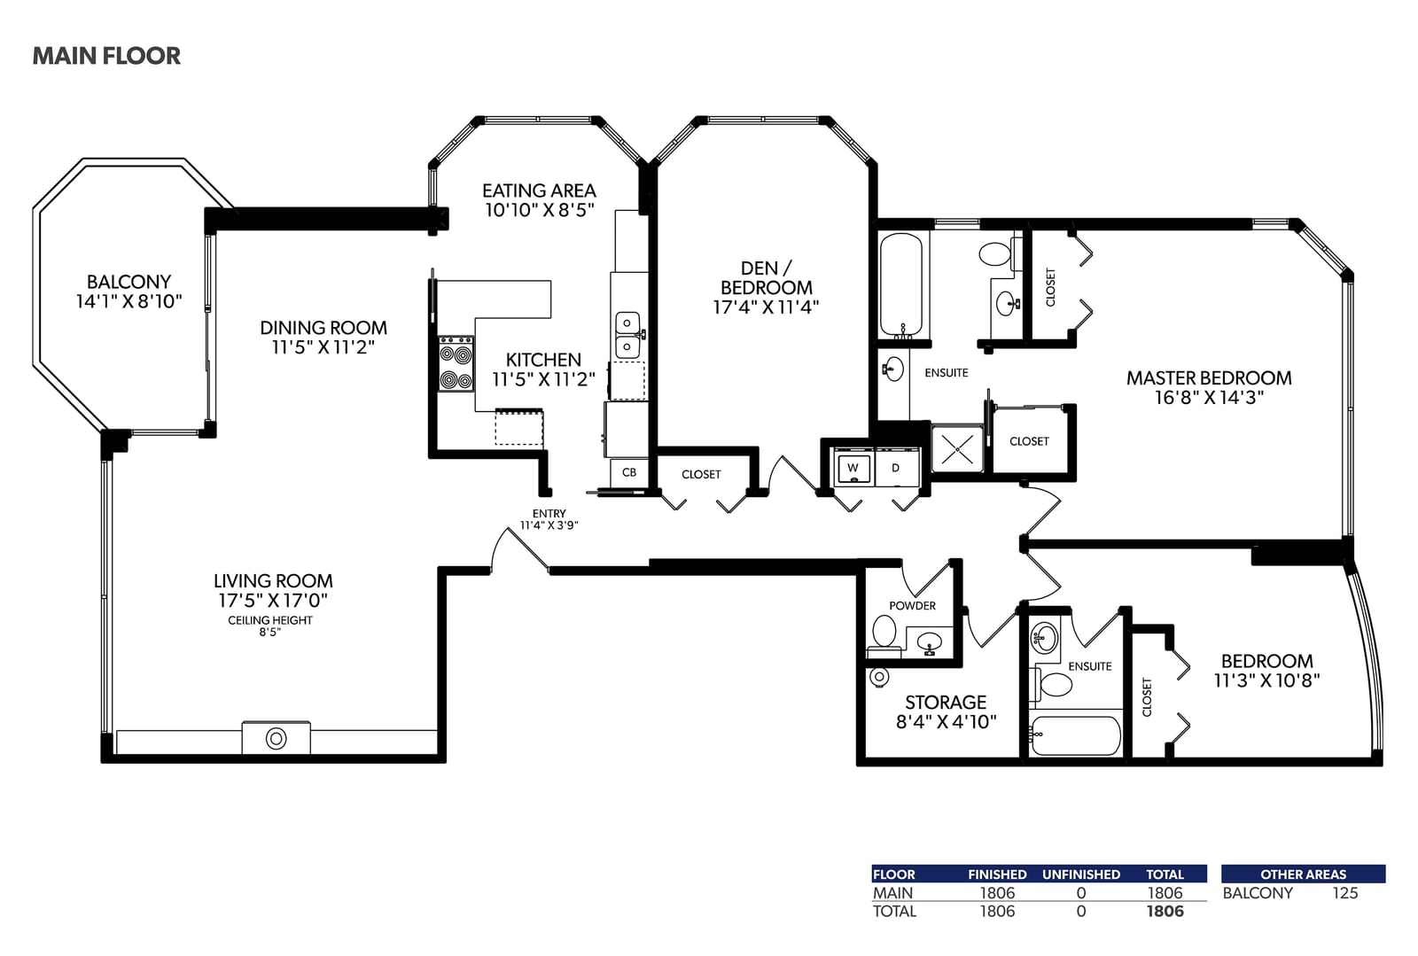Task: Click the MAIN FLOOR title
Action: click(x=106, y=56)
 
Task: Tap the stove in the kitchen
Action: click(x=456, y=363)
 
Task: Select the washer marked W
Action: click(x=853, y=468)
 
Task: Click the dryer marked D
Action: click(x=896, y=468)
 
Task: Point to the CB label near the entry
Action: click(x=628, y=472)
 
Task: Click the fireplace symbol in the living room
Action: click(x=276, y=738)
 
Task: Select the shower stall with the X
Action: click(x=957, y=449)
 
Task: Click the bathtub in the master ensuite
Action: click(x=901, y=285)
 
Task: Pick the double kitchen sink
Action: click(x=627, y=335)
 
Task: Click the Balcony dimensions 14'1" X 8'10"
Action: click(x=129, y=302)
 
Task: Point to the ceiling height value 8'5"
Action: click(x=269, y=632)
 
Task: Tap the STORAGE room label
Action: click(x=945, y=703)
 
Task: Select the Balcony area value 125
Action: click(x=1344, y=893)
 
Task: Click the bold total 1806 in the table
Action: click(x=1165, y=911)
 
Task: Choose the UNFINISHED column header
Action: click(x=1081, y=874)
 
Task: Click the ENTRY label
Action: click(x=549, y=514)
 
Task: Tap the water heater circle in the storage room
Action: click(x=879, y=677)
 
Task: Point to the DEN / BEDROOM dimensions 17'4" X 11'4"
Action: click(x=766, y=307)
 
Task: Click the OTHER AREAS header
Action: click(x=1304, y=874)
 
